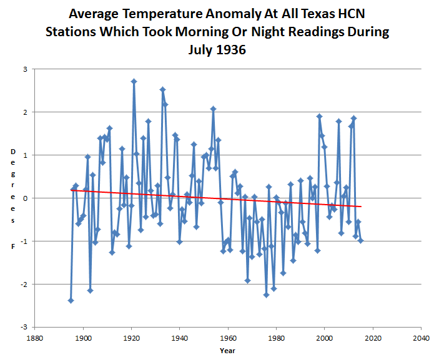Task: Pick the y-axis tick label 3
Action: pyautogui.click(x=25, y=69)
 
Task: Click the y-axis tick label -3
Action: pyautogui.click(x=24, y=327)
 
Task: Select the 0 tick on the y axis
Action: pyautogui.click(x=25, y=198)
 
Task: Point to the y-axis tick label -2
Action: pyautogui.click(x=24, y=284)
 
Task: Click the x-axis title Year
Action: pyautogui.click(x=228, y=351)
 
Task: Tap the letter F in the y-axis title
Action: pyautogui.click(x=12, y=246)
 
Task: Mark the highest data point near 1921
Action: pyautogui.click(x=134, y=81)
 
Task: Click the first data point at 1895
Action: pyautogui.click(x=71, y=300)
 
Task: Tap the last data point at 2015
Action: pyautogui.click(x=361, y=240)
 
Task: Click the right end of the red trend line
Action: pyautogui.click(x=361, y=207)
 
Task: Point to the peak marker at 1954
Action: pyautogui.click(x=214, y=109)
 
